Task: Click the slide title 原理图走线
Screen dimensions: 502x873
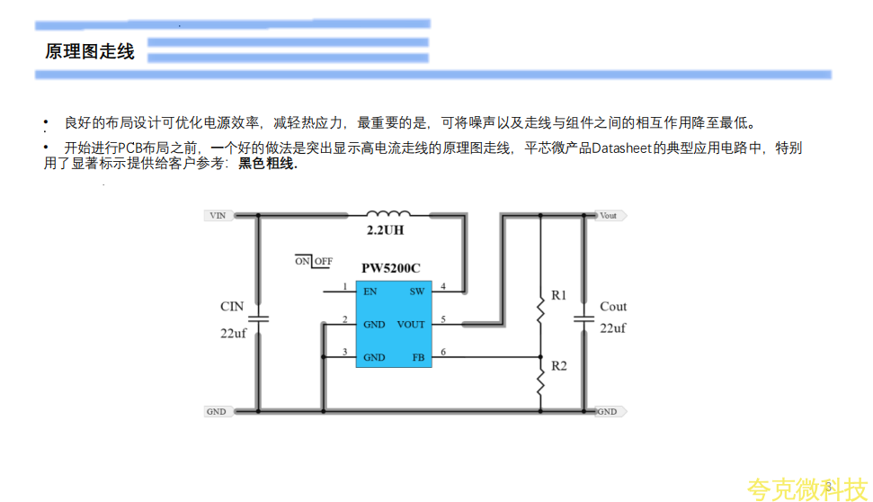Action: click(x=90, y=52)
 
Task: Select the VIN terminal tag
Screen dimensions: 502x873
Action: click(x=217, y=216)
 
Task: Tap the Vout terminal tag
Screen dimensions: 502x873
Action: click(x=610, y=216)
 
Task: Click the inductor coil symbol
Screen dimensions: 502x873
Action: click(x=388, y=214)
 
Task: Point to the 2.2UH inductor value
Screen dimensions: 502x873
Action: click(x=385, y=230)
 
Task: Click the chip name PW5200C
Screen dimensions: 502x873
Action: click(x=390, y=268)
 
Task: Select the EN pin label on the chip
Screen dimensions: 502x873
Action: click(x=370, y=291)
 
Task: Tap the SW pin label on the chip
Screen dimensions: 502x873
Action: click(x=417, y=291)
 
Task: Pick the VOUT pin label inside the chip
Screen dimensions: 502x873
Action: click(x=411, y=325)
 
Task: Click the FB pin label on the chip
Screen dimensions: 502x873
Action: click(x=418, y=357)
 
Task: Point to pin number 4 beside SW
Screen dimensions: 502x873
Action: click(x=442, y=287)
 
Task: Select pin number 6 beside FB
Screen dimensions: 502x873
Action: click(x=442, y=353)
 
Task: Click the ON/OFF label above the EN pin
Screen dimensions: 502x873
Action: click(x=314, y=262)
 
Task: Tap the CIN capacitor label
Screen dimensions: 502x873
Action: click(x=232, y=307)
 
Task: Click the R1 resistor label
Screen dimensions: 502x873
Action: click(x=559, y=295)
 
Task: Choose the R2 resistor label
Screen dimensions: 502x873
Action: click(x=559, y=366)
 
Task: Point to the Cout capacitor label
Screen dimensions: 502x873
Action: click(x=613, y=307)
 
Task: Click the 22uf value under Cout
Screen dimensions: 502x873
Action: click(x=613, y=328)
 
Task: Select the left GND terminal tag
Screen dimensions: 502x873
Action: click(x=217, y=411)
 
